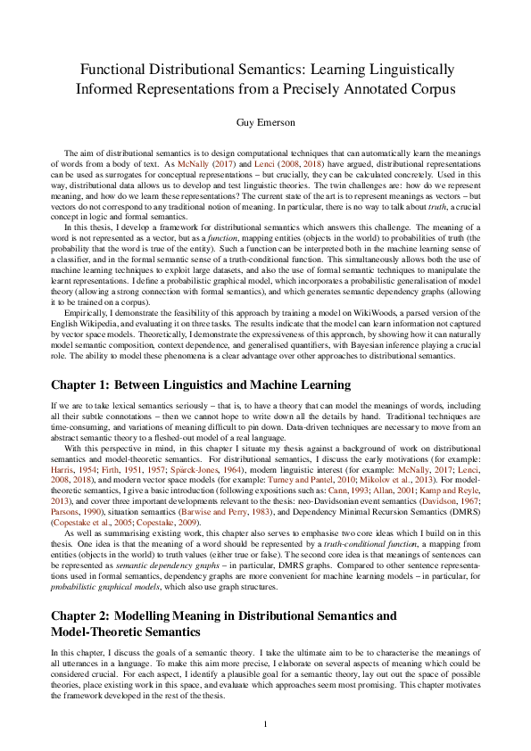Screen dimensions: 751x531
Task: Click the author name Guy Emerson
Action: point(265,120)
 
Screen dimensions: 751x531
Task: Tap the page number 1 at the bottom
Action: point(265,723)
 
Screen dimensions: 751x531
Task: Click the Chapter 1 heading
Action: point(201,385)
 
